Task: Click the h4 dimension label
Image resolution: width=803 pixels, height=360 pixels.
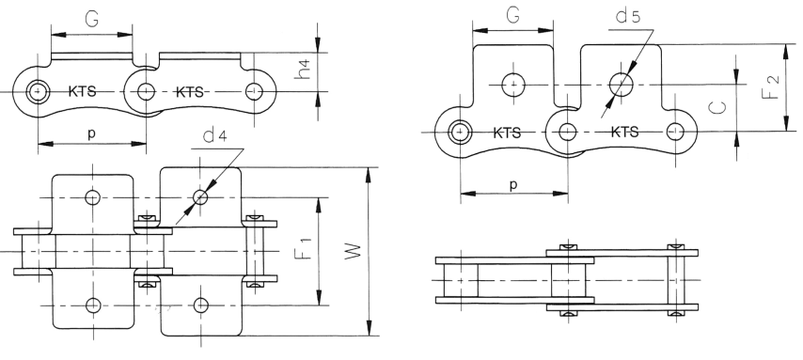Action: click(x=305, y=70)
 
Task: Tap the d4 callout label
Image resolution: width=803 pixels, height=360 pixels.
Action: click(x=215, y=135)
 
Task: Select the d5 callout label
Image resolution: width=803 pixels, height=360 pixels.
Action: click(x=628, y=16)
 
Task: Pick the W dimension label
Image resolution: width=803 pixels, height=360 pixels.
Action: click(x=353, y=251)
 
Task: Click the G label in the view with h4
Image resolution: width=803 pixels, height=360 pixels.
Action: click(x=92, y=19)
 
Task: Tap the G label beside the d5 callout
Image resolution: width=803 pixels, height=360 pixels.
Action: click(x=513, y=15)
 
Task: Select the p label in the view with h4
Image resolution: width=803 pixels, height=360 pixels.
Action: click(x=91, y=134)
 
